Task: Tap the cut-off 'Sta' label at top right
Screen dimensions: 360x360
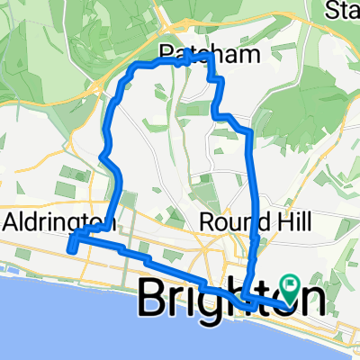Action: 343,12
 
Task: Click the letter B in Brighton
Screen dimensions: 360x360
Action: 155,300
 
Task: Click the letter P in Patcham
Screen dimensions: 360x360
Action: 166,53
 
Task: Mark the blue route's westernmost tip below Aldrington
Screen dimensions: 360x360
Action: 69,248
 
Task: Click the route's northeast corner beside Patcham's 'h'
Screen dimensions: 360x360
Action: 211,56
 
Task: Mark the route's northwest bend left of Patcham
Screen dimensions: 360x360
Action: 135,67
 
